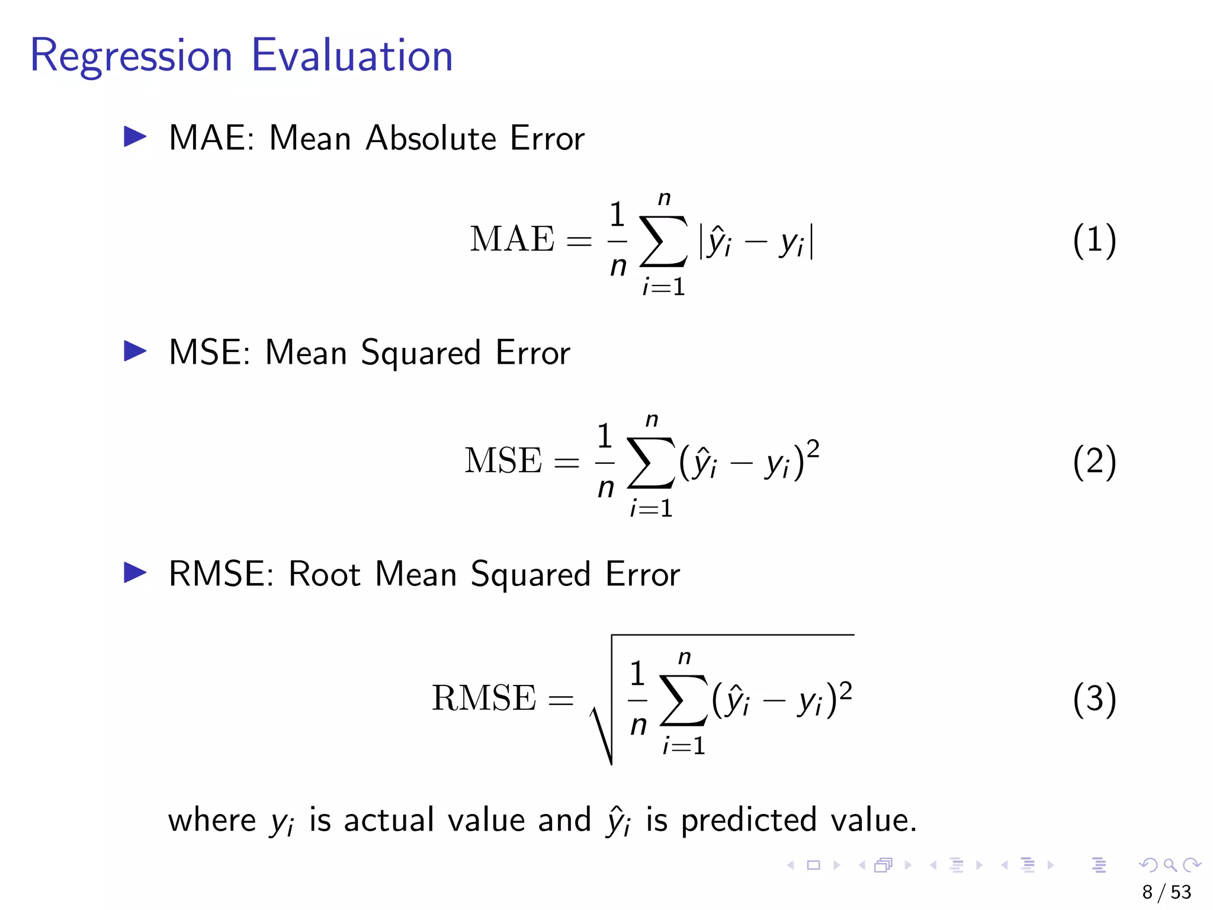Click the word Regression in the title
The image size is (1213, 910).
coord(131,56)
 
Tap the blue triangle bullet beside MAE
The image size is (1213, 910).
coord(134,137)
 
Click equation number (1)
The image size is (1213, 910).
coord(1094,240)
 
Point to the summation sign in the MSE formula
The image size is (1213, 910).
coord(650,463)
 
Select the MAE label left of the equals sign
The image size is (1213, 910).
coord(512,239)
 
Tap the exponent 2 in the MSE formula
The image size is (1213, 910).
coord(813,450)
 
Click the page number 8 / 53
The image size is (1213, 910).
coord(1166,892)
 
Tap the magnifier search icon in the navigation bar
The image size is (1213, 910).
coord(1169,865)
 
